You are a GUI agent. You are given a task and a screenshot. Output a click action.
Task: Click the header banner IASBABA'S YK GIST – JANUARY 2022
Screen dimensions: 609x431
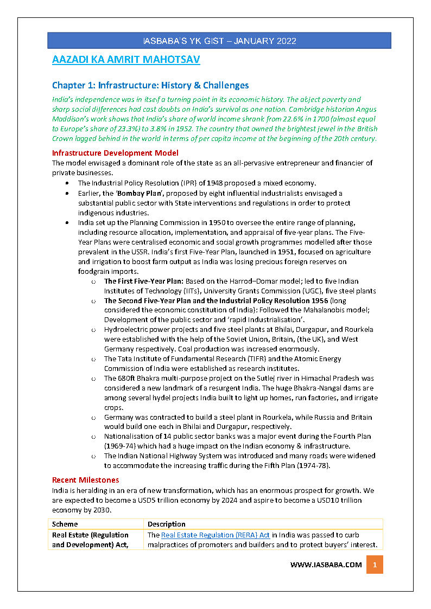pyautogui.click(x=219, y=41)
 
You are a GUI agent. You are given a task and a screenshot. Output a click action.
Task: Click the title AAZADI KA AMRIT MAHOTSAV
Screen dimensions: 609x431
pyautogui.click(x=126, y=60)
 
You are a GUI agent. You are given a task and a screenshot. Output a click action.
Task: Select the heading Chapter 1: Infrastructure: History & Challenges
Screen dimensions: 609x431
pyautogui.click(x=150, y=85)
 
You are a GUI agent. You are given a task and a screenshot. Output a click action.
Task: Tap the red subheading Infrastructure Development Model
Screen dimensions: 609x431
pyautogui.click(x=115, y=153)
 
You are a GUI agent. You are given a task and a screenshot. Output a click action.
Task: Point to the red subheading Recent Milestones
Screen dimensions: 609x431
pyautogui.click(x=85, y=480)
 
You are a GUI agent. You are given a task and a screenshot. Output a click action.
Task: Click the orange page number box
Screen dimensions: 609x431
pyautogui.click(x=375, y=565)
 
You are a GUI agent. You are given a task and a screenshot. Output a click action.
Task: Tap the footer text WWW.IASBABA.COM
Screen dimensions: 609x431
pyautogui.click(x=326, y=565)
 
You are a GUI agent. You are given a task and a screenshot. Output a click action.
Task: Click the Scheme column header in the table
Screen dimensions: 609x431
pyautogui.click(x=65, y=524)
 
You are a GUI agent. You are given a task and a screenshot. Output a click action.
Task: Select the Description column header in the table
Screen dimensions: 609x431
pyautogui.click(x=167, y=524)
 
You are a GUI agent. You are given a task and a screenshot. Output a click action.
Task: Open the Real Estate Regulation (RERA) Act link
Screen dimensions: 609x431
pyautogui.click(x=215, y=535)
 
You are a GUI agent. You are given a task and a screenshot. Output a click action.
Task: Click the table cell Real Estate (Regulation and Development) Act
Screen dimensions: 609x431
pyautogui.click(x=90, y=540)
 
